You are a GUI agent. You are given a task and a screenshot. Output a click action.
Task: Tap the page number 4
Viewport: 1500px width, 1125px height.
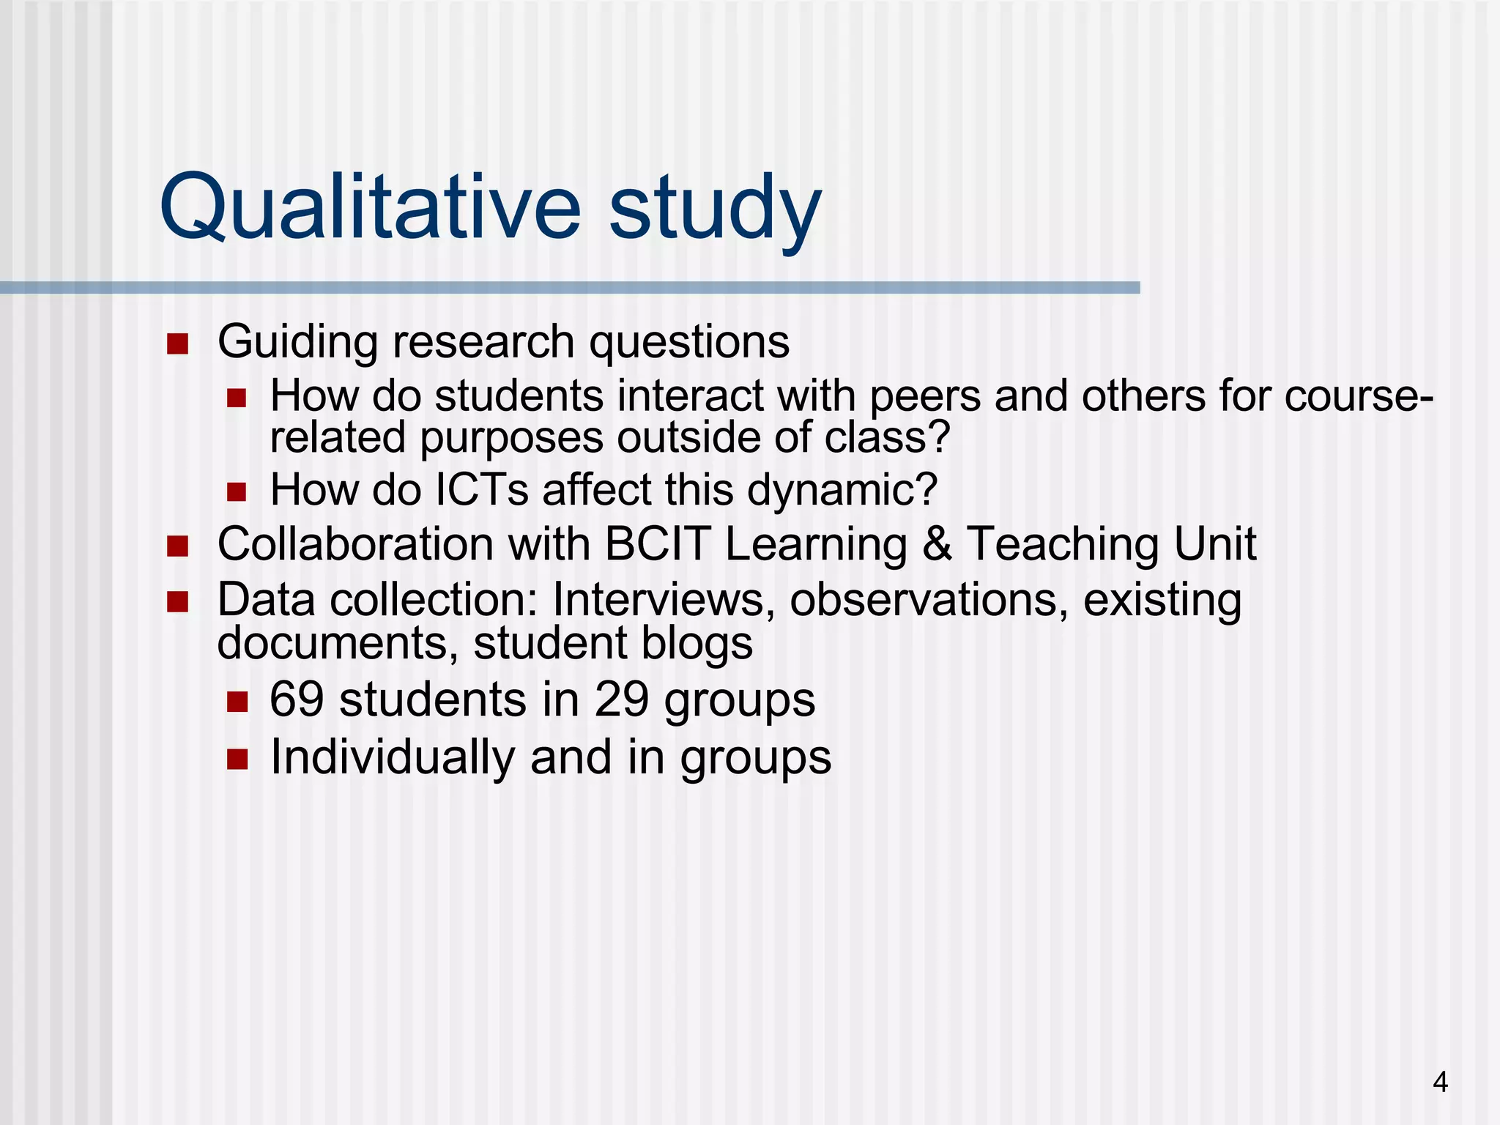point(1440,1082)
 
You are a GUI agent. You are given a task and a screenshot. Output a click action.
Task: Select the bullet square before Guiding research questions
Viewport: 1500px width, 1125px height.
point(177,344)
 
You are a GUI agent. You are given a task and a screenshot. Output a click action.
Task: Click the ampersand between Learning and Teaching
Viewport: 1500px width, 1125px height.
point(937,544)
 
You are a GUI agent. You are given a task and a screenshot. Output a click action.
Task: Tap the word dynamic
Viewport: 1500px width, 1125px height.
point(842,489)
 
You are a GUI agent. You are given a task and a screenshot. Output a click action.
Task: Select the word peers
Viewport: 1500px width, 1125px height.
point(925,396)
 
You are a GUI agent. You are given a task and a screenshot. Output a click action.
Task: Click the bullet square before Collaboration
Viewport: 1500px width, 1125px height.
point(177,546)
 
